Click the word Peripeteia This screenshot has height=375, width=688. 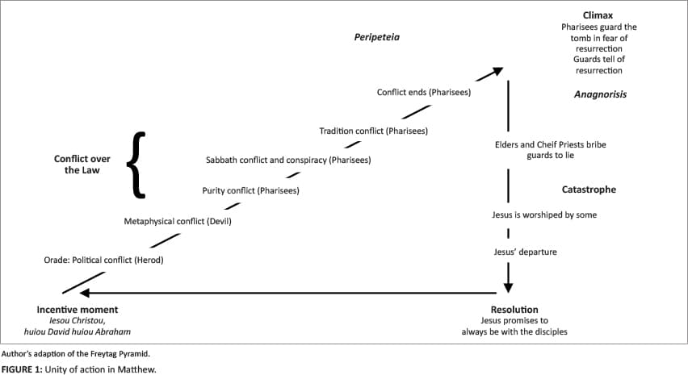point(377,37)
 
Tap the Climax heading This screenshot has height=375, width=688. point(598,15)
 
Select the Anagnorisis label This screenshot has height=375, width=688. point(600,94)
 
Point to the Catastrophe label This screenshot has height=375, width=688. point(589,190)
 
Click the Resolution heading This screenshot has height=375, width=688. point(514,310)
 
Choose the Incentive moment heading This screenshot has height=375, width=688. point(78,310)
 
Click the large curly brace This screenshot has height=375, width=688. point(136,165)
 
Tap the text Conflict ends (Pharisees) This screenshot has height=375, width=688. point(424,92)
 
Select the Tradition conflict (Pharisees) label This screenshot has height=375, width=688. point(373,131)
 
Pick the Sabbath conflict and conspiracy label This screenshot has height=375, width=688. point(288,160)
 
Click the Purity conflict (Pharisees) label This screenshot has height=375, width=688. point(250,190)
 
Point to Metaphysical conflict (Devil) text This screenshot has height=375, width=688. point(178,221)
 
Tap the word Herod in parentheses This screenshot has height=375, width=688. point(149,260)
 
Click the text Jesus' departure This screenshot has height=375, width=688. point(525,252)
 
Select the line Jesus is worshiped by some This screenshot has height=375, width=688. point(544,215)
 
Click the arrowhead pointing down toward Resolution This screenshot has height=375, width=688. point(508,287)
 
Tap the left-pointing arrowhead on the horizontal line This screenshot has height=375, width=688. point(85,293)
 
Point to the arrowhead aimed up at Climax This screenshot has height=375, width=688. point(497,72)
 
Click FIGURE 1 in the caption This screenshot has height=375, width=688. point(22,369)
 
